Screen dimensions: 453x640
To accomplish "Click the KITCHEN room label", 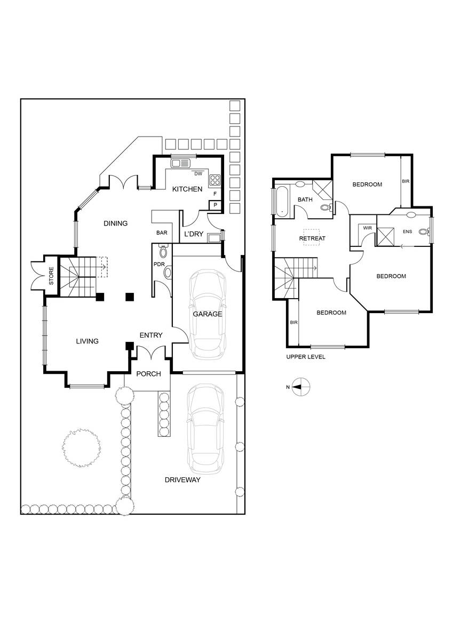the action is (187, 189).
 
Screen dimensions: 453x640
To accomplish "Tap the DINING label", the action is (115, 223).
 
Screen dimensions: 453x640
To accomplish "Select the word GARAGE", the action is (208, 314).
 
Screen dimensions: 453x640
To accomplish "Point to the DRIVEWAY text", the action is (182, 480).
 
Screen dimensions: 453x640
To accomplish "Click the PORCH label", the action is (149, 374).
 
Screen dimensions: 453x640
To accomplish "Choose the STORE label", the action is (51, 276).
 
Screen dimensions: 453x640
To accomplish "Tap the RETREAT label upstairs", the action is (312, 238).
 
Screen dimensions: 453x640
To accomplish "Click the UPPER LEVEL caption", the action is (306, 357).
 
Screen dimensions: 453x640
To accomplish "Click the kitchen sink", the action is (180, 163).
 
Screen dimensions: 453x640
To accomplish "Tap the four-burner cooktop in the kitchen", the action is (215, 180).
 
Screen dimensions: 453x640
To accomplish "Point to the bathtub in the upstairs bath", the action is (282, 202).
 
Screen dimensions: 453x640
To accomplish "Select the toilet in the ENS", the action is (424, 231).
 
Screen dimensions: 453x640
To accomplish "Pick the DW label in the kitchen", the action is (198, 174).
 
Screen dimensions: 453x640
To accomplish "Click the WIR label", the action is (368, 228).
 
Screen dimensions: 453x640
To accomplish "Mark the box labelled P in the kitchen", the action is (215, 205).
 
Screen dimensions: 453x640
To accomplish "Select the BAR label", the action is (162, 233).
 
